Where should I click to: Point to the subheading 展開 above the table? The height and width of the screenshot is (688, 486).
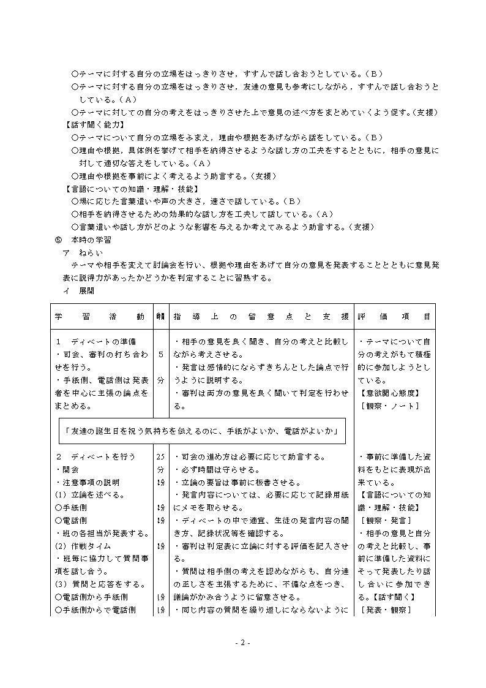pos(86,291)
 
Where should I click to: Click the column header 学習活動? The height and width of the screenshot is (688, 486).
pos(100,317)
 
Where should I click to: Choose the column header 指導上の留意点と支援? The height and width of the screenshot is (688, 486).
pos(261,317)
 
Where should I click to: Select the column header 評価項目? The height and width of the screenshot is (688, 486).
pos(394,317)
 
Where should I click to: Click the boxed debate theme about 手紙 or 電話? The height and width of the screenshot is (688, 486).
pos(202,431)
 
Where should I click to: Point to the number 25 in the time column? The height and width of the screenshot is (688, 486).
pos(160,456)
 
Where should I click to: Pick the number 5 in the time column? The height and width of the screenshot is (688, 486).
pos(160,354)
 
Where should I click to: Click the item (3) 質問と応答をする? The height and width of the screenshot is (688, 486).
pos(92,584)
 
